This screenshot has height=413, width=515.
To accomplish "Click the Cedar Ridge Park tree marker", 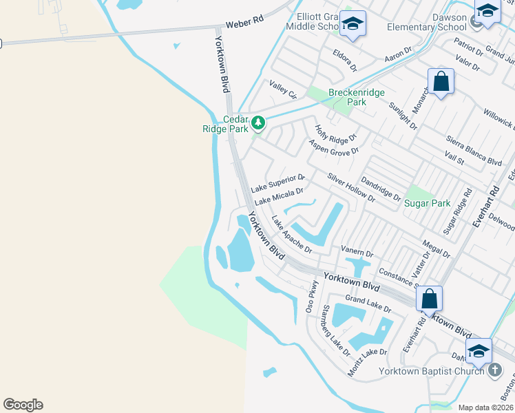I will tap(258, 123).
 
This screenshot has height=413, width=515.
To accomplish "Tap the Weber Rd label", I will tap(249, 22).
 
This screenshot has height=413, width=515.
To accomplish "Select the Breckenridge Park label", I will tap(357, 97).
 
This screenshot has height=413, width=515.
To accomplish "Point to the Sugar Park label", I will tap(427, 203).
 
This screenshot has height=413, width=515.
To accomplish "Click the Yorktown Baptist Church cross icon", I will tap(494, 370).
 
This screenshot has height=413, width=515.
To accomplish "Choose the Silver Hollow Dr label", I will tap(351, 187).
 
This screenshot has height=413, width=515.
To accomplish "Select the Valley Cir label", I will tap(282, 89).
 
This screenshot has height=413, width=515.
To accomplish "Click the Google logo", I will tap(23, 405).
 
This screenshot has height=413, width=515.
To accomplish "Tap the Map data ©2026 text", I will tap(485, 407).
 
